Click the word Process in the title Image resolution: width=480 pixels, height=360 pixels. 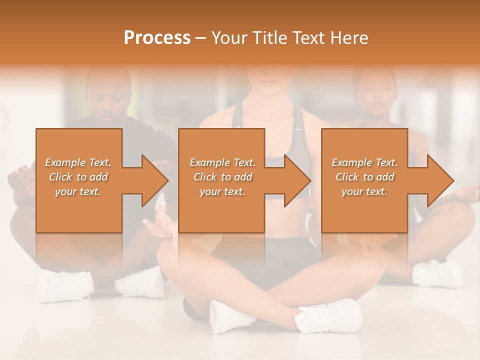[x=157, y=38]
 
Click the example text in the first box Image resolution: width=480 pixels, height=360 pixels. [x=78, y=177]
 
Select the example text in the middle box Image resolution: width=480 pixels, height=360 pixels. [x=222, y=177]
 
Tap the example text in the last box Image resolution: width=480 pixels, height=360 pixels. [x=364, y=177]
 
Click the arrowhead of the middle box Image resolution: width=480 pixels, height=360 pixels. [x=297, y=181]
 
